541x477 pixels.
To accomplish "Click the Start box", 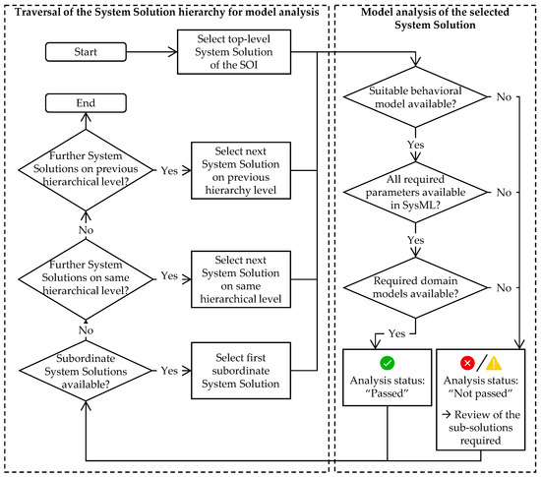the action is tap(86, 52).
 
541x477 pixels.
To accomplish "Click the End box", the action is tap(86, 103).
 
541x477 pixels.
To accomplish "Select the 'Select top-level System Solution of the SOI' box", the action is tap(234, 52).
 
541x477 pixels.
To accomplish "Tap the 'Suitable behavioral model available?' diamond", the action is tap(415, 97).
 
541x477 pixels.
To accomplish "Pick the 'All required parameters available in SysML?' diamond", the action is tap(415, 192).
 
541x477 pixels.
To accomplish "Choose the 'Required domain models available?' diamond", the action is tap(415, 287).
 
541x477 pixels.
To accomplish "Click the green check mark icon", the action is tap(388, 363).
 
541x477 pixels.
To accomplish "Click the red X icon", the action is tap(467, 363).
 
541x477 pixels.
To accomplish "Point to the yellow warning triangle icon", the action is tap(494, 363).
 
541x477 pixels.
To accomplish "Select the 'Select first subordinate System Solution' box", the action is tap(241, 371).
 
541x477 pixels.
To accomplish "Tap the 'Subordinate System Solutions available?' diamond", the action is tap(86, 371).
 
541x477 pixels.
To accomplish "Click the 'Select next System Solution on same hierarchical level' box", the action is tap(241, 279).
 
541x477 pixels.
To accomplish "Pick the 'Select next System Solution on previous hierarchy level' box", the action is tap(241, 170).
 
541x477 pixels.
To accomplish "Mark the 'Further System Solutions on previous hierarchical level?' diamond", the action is tap(86, 170).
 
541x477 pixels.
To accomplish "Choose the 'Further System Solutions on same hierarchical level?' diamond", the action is tap(86, 279).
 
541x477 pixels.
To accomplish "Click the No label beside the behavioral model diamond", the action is tap(504, 97).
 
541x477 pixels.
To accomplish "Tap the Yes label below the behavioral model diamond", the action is tap(415, 145).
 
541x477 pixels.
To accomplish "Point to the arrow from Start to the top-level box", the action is tap(151, 52).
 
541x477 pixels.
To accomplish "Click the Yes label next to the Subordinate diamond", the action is tap(169, 371).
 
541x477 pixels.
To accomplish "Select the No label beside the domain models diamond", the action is tap(504, 287).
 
